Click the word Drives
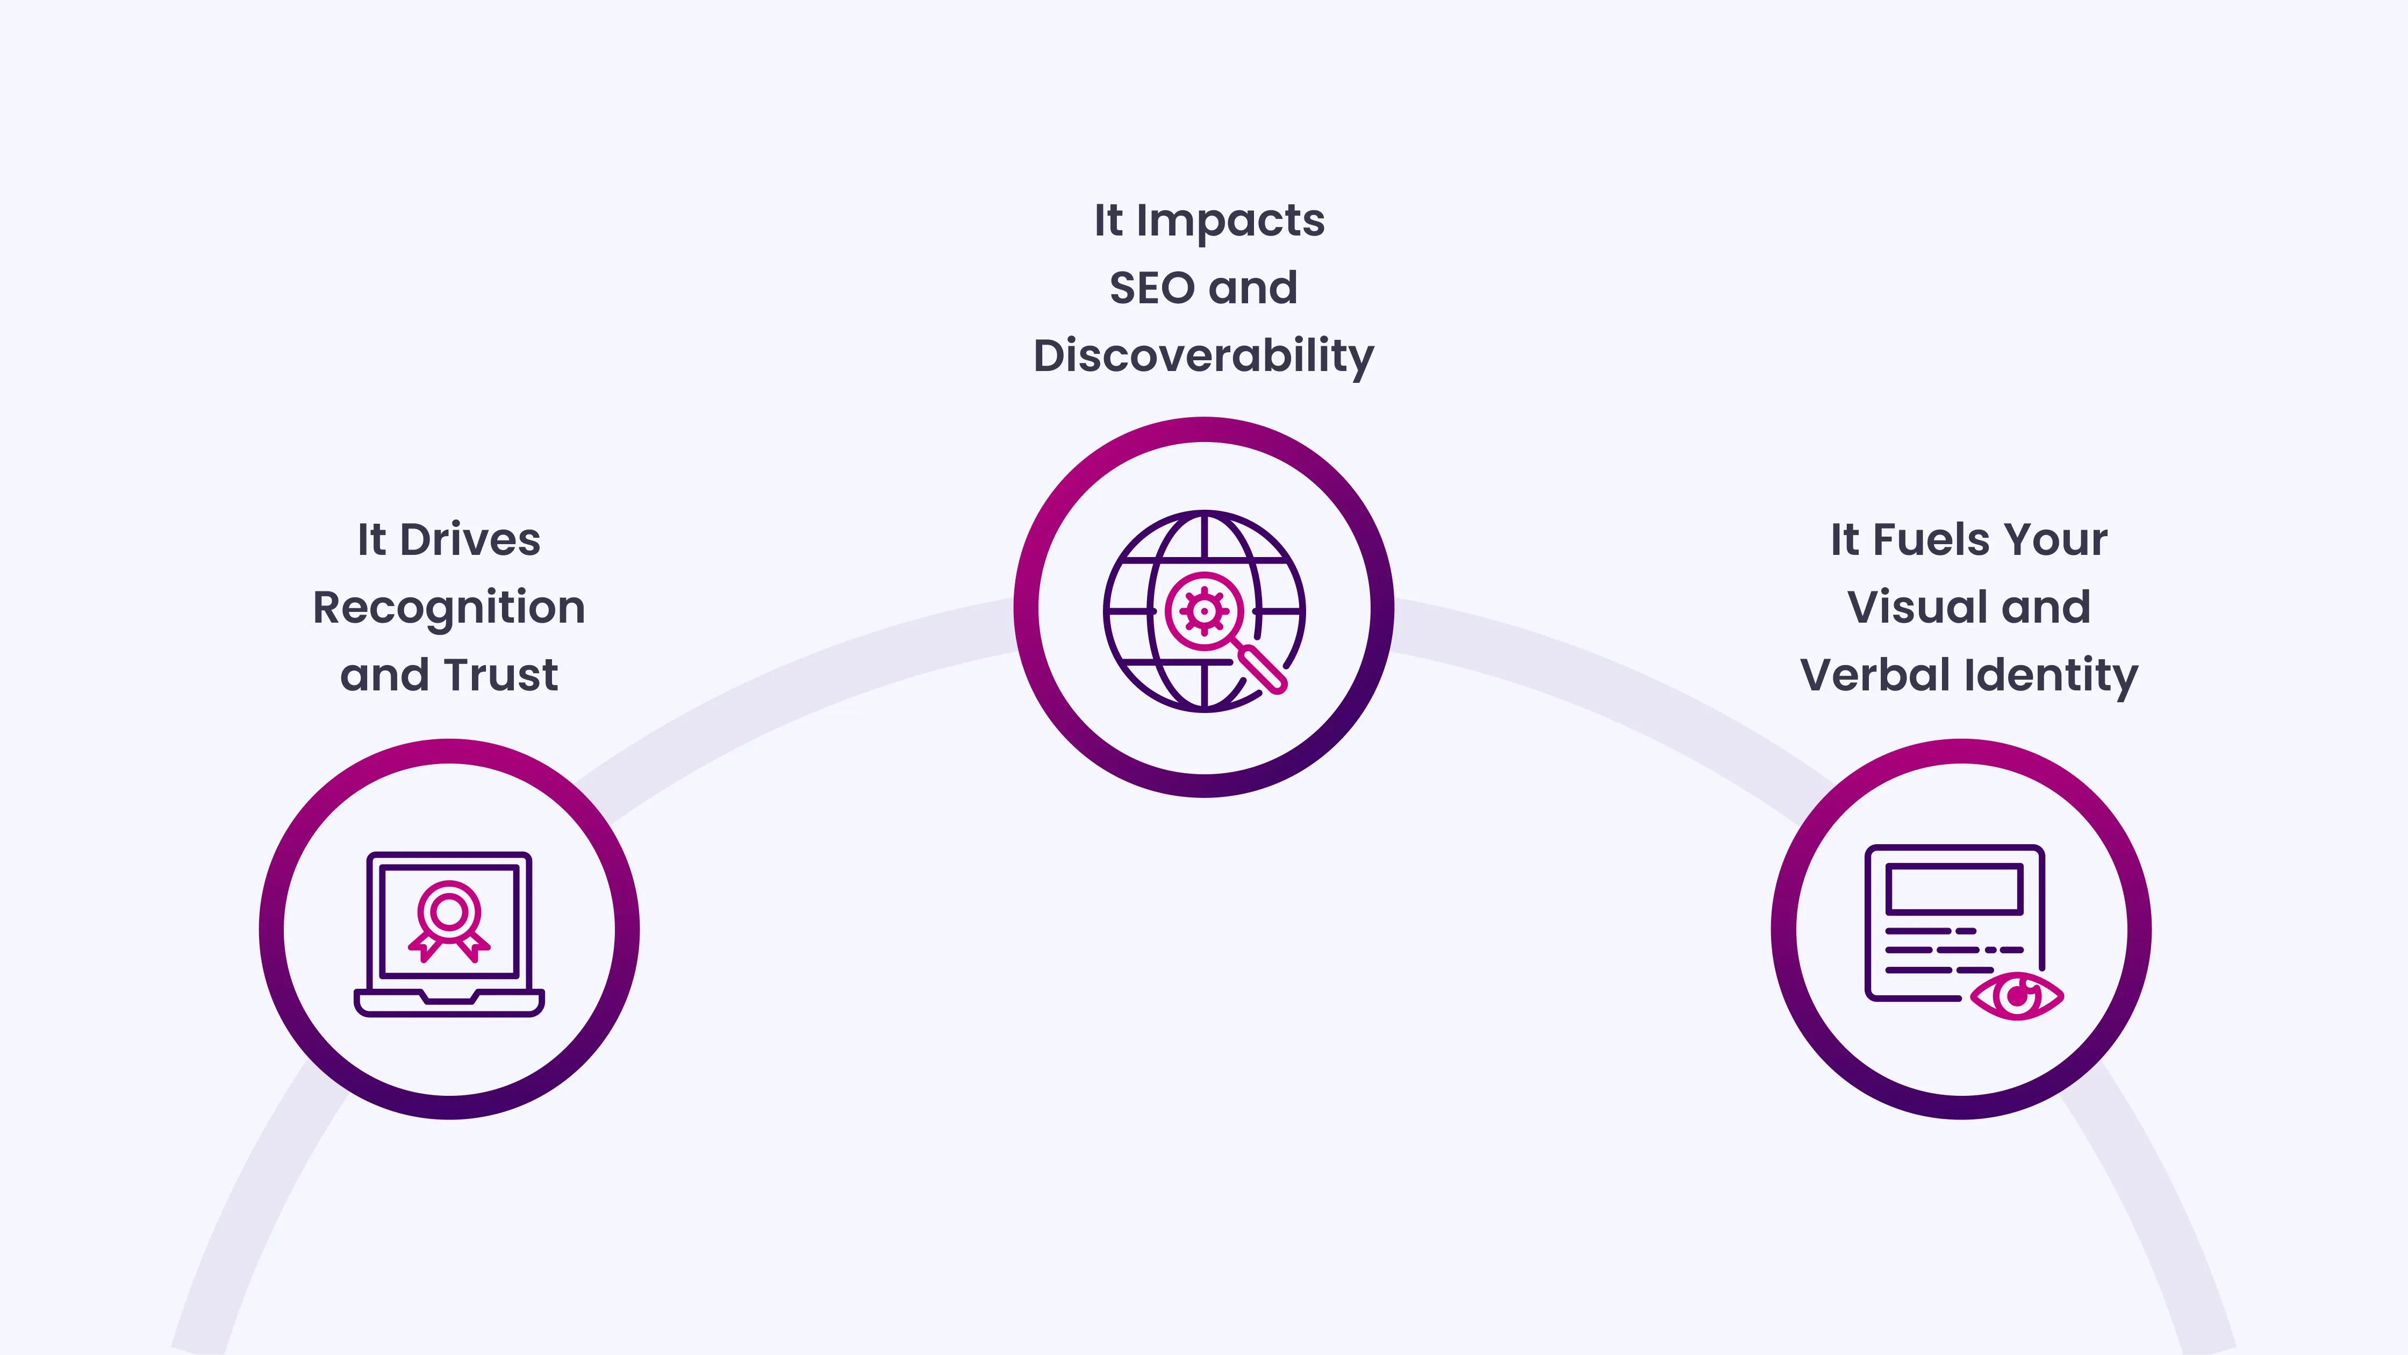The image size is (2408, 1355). pos(470,539)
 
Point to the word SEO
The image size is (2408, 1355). pos(1152,288)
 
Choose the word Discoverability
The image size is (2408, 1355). pos(1204,356)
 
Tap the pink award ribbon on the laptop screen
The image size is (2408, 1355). pos(449,921)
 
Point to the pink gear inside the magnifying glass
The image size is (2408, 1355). pos(1204,611)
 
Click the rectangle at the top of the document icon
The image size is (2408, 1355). pos(1954,888)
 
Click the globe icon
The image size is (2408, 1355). pos(1204,611)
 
